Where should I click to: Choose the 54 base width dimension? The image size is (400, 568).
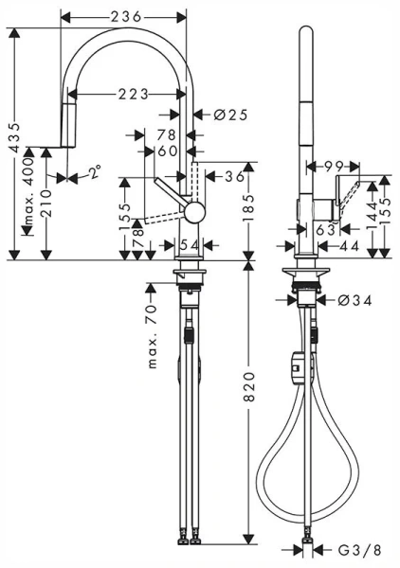point(189,246)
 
